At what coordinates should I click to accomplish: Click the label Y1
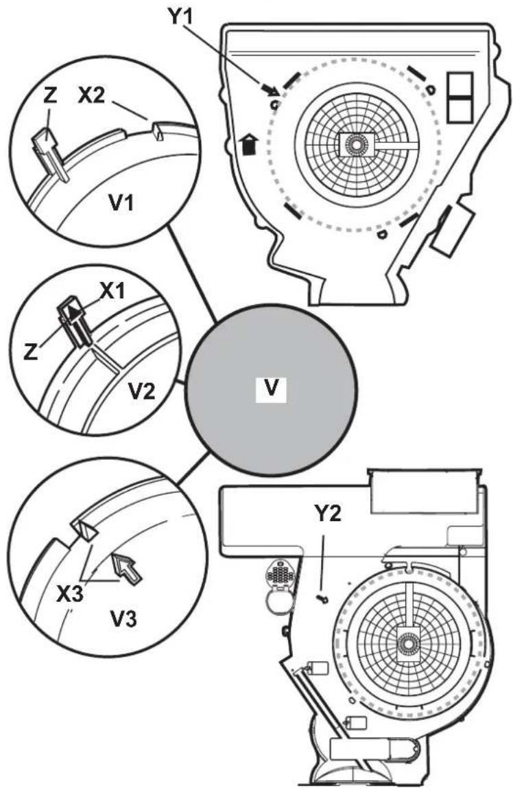[x=180, y=16]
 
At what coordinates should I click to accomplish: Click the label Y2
[x=327, y=513]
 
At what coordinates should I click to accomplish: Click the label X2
[x=91, y=95]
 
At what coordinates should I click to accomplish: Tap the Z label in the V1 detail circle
[x=49, y=96]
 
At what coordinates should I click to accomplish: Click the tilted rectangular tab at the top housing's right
[x=451, y=230]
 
